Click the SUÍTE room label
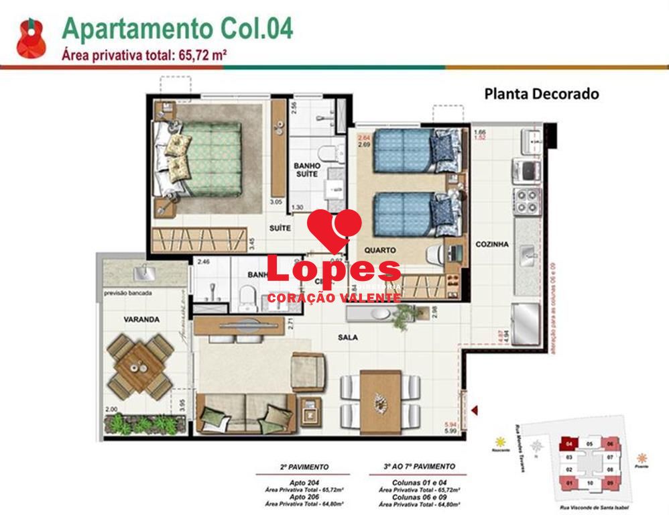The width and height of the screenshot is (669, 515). pos(281,228)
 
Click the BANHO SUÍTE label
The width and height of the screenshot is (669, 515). pos(307,170)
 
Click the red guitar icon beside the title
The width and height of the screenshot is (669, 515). pos(31,39)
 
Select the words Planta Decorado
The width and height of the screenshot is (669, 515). pos(541,94)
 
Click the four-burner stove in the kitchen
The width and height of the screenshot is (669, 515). pos(527,201)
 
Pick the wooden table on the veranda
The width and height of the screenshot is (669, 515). pos(141,365)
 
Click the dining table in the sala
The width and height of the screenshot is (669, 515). pos(380,401)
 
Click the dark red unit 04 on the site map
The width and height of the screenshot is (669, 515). pos(568,444)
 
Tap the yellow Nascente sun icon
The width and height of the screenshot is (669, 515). pos(499,442)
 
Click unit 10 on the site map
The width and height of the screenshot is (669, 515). pos(590,482)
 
